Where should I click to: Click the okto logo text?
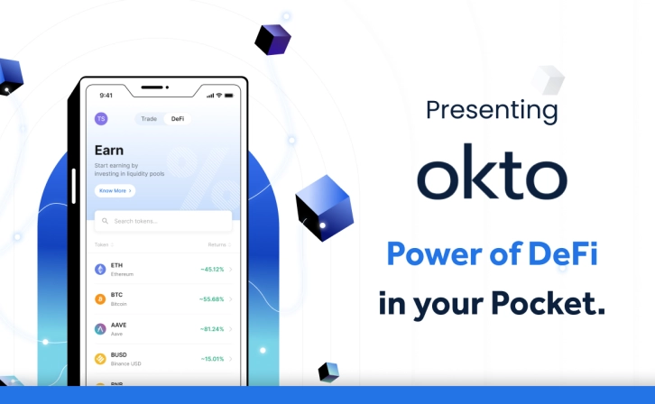pos(492,172)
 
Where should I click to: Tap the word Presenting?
pos(492,111)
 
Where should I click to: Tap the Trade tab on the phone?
pos(149,119)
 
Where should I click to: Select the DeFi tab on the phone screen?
pos(177,119)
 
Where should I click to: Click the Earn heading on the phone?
pos(109,150)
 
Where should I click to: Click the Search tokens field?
pos(163,221)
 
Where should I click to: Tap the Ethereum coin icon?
pos(100,269)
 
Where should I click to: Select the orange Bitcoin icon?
pos(100,298)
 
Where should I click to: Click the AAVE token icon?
pos(100,328)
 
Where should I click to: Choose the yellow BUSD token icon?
pos(100,358)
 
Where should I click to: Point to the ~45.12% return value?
pos(212,269)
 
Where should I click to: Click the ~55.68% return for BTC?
pos(212,298)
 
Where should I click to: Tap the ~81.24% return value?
pos(212,328)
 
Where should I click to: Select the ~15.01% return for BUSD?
pos(212,358)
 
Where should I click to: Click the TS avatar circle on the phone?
pos(101,119)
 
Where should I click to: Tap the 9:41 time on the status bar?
pos(106,95)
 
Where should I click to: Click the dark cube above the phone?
pos(272,39)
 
